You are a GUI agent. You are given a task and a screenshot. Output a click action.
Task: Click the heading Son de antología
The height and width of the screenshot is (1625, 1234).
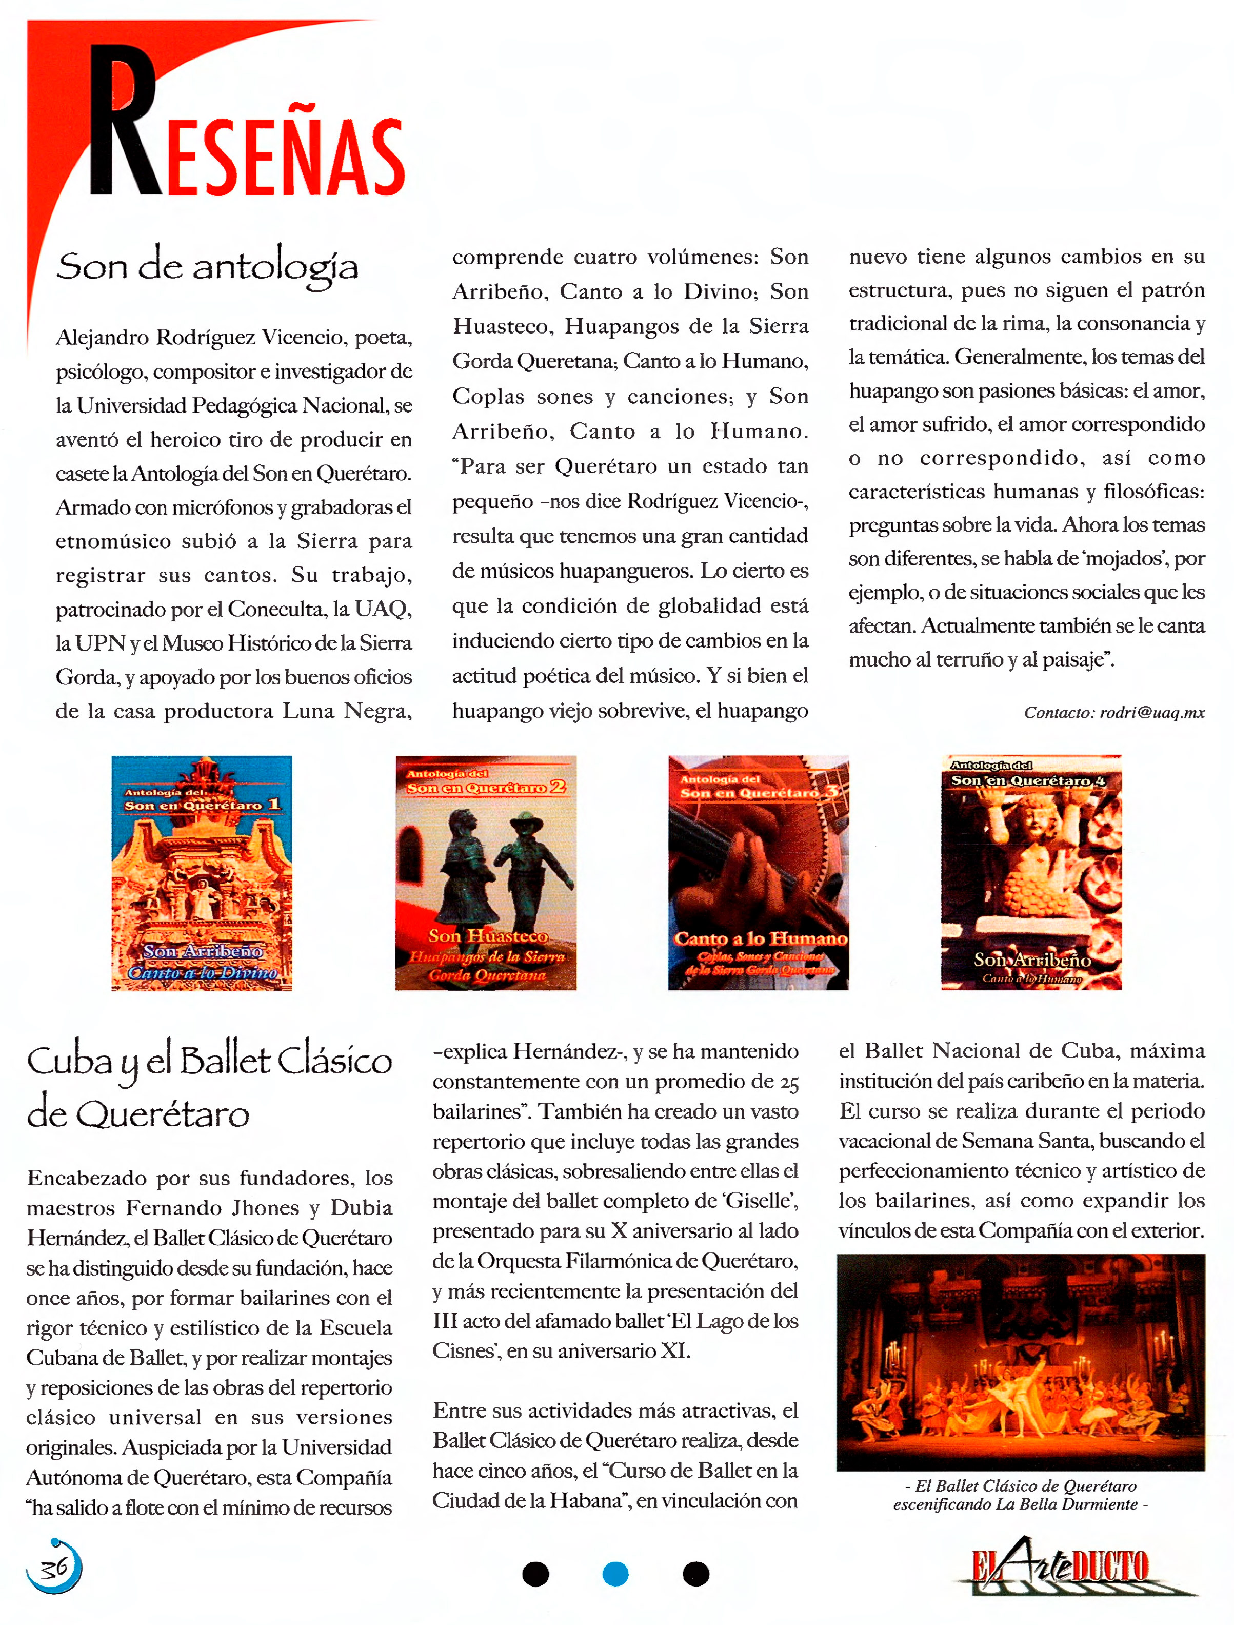pos(207,266)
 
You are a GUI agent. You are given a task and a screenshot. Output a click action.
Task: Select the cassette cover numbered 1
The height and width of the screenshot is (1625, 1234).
pos(202,873)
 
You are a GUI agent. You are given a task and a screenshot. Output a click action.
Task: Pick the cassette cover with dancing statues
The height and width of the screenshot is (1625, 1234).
pos(486,873)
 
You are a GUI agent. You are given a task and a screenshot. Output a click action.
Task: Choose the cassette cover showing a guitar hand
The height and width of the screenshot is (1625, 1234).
pos(758,873)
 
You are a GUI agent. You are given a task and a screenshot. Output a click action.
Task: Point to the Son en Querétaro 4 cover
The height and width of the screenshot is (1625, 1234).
pos(1031,873)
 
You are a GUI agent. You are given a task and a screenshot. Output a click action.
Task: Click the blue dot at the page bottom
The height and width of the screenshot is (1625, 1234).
pos(615,1574)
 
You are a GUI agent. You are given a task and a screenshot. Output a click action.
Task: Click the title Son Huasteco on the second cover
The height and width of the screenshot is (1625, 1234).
pos(488,936)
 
